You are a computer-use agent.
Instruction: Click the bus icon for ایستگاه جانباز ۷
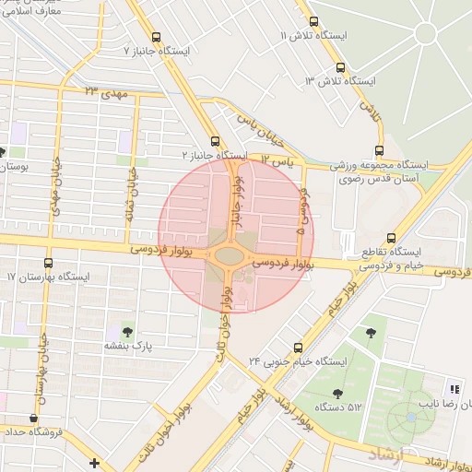pyautogui.click(x=155, y=38)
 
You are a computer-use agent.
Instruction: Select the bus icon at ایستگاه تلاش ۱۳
pyautogui.click(x=341, y=67)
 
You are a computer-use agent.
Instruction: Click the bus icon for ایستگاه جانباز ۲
pyautogui.click(x=215, y=141)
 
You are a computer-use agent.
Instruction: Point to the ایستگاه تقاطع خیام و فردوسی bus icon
pyautogui.click(x=392, y=237)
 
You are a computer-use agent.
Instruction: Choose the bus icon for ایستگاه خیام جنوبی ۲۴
pyautogui.click(x=297, y=348)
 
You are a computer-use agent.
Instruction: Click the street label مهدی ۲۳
pyautogui.click(x=103, y=92)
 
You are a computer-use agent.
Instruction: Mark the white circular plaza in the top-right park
pyautogui.click(x=425, y=34)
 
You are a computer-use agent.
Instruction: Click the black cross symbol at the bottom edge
pyautogui.click(x=94, y=462)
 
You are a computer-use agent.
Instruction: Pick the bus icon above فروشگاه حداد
pyautogui.click(x=34, y=418)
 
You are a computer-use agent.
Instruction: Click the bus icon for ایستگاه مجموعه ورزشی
pyautogui.click(x=378, y=151)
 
